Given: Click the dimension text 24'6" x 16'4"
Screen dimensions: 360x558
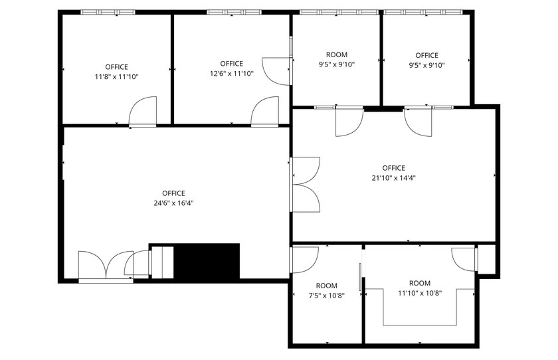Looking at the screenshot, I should (173, 204).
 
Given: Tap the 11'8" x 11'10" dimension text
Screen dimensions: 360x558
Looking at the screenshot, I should (117, 76).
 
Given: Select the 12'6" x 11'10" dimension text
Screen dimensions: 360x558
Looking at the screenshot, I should (232, 74).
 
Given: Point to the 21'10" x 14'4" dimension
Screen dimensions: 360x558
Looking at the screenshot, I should (394, 177).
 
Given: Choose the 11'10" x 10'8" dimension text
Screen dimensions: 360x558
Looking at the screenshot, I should (420, 292).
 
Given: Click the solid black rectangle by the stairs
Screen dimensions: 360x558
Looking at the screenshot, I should (206, 262).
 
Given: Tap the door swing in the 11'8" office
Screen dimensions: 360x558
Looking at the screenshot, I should (142, 112).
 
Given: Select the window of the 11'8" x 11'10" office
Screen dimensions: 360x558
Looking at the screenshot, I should (108, 12).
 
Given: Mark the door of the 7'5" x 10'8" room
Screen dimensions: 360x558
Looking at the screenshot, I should (305, 258).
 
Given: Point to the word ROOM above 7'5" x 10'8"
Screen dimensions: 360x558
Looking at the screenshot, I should (327, 286).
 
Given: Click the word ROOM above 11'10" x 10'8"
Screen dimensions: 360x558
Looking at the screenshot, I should (420, 283).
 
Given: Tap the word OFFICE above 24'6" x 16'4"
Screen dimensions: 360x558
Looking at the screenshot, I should (173, 194).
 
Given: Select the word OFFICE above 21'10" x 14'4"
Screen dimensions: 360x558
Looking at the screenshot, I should (394, 168).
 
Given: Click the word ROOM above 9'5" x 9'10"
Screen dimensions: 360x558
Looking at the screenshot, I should (337, 55).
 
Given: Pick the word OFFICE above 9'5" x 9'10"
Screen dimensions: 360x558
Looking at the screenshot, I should (427, 56).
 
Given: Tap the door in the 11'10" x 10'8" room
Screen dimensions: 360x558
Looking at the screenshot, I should (464, 258).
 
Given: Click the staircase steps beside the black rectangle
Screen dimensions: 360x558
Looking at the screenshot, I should (163, 262).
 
